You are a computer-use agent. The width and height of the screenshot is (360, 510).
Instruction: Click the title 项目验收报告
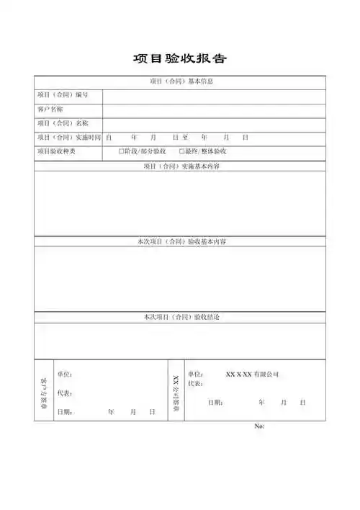(x=181, y=58)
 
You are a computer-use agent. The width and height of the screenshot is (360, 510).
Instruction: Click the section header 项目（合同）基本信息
(x=181, y=81)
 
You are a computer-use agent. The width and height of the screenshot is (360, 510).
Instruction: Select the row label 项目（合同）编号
(x=63, y=95)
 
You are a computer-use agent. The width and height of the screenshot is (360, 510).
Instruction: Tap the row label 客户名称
(x=50, y=109)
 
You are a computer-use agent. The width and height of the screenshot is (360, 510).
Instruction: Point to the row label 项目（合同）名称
(x=63, y=123)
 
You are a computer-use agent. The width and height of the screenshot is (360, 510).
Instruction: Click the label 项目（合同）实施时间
(x=68, y=137)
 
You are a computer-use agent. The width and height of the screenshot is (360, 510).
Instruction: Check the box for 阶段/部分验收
(x=122, y=151)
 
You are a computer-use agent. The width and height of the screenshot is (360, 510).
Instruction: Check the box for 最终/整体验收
(x=181, y=151)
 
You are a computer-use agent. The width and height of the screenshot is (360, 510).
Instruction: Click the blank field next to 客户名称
(x=214, y=109)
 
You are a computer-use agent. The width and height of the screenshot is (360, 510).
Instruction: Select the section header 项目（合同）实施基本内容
(x=181, y=166)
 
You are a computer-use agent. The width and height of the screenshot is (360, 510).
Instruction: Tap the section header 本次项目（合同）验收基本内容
(x=181, y=241)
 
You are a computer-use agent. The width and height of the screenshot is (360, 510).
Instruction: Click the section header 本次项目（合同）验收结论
(x=181, y=317)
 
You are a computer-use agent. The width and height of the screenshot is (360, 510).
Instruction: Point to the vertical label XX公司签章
(x=176, y=393)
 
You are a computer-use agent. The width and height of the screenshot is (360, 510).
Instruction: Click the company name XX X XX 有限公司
(x=251, y=375)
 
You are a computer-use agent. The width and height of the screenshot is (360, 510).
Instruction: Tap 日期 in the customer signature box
(x=64, y=412)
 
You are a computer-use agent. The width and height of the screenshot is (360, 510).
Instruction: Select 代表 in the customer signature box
(x=64, y=393)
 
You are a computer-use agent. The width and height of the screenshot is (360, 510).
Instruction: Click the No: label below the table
(x=260, y=426)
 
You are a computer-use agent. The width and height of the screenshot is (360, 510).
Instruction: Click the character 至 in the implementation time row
(x=185, y=137)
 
